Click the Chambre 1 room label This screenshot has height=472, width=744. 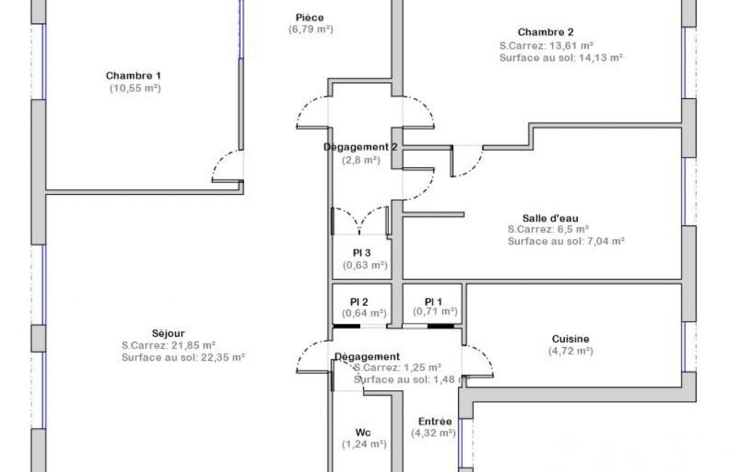point(134,76)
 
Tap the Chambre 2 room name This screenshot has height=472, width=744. point(545,32)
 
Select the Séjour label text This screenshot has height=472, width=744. point(168,333)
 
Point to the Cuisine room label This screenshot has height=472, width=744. point(571,339)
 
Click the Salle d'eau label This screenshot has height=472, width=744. point(550,219)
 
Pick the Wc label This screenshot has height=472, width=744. point(363,433)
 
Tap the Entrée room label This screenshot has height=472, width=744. point(435,421)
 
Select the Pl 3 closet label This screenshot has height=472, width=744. point(361,253)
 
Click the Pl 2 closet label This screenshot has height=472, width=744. point(359,302)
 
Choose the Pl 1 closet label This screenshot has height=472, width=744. point(433,301)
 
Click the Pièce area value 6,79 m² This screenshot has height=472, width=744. point(311,30)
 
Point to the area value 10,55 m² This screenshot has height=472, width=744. point(135,89)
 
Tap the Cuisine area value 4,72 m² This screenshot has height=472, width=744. point(571,351)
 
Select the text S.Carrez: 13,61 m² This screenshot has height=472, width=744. point(547,46)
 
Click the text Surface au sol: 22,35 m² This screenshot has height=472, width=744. point(183,357)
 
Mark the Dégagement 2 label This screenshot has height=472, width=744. point(361,147)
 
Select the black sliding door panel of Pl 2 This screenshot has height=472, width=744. point(346,326)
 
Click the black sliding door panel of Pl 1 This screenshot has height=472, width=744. point(441,326)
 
